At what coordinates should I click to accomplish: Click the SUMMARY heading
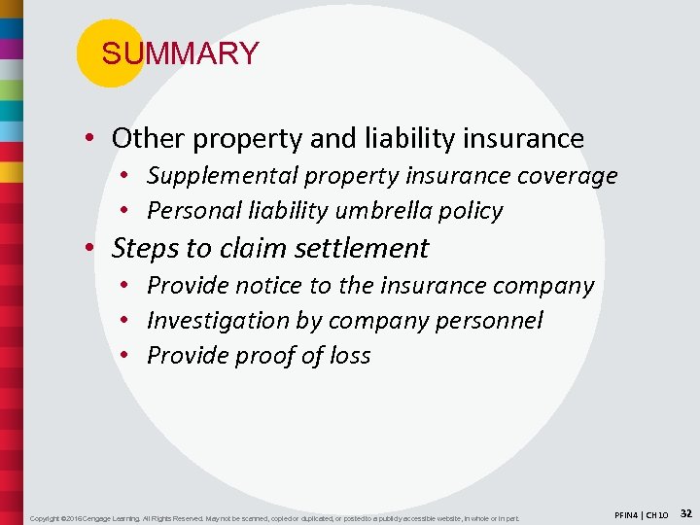tap(180, 53)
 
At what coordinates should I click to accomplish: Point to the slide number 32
tap(685, 511)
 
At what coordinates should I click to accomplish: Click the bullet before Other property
tap(88, 139)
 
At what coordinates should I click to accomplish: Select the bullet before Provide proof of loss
tap(126, 356)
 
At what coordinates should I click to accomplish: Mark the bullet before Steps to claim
tap(88, 249)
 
